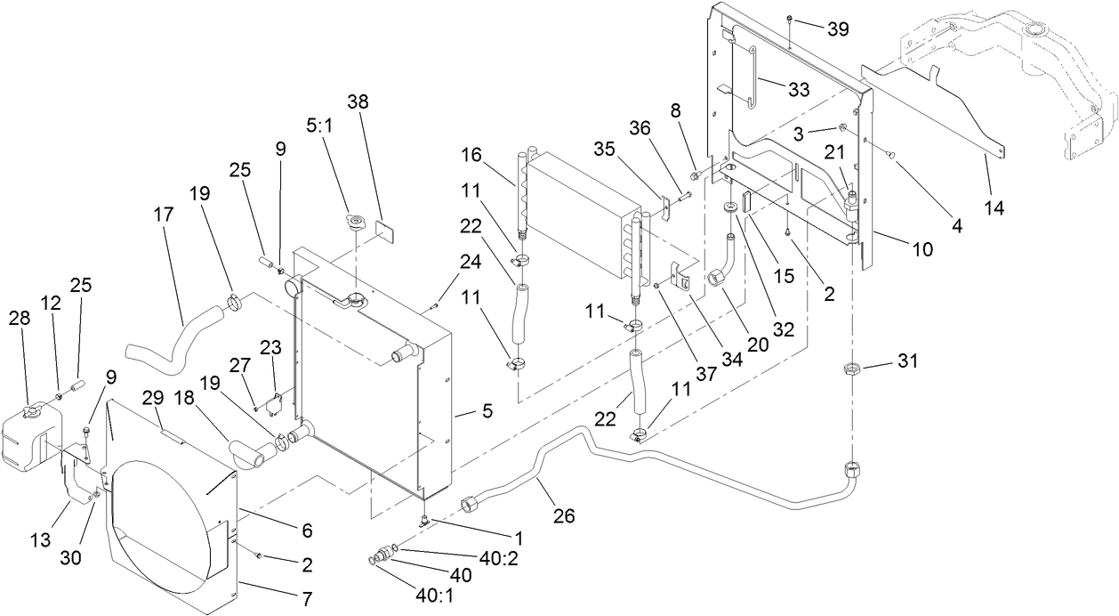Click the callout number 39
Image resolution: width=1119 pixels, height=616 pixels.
coord(837,29)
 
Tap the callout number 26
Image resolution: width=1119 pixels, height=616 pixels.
coord(565,515)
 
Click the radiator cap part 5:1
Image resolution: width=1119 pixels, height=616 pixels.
coord(355,223)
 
